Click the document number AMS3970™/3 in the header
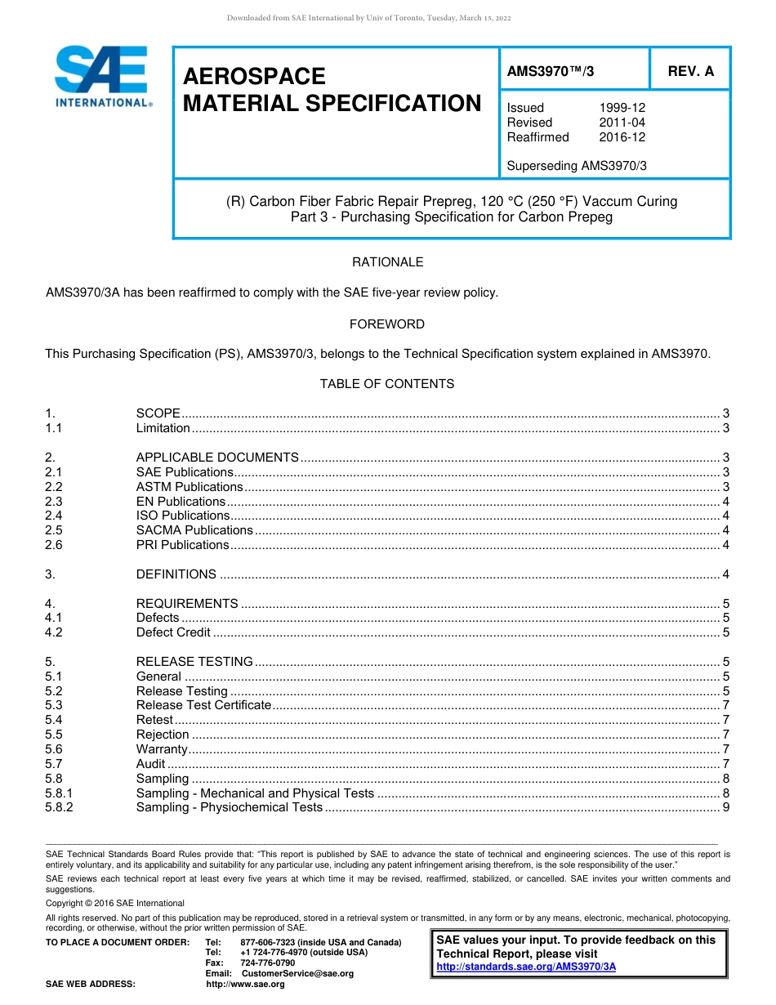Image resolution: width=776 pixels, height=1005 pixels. tap(550, 71)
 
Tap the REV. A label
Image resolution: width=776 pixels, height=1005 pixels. tap(690, 71)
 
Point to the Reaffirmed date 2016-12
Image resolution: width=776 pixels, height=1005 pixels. tap(622, 137)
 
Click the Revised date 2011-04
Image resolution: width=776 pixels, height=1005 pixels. tap(622, 123)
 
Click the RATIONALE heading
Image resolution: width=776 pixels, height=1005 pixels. tap(387, 262)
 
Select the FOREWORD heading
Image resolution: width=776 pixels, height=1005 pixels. tap(387, 324)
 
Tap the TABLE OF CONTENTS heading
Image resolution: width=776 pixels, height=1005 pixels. tap(387, 384)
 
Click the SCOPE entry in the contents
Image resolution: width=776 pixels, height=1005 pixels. tap(158, 413)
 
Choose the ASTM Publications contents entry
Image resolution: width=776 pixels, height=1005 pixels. tap(189, 487)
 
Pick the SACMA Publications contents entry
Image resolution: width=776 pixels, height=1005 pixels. tap(194, 530)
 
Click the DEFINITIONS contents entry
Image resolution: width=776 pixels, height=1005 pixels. tap(176, 574)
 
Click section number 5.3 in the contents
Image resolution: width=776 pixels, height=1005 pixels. tap(54, 705)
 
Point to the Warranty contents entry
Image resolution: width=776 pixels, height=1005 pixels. tap(162, 749)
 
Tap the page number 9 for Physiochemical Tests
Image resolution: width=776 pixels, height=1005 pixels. tap(725, 807)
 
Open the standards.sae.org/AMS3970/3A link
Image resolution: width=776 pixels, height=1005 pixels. tap(526, 967)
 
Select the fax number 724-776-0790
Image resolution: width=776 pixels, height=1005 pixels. tap(267, 963)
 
